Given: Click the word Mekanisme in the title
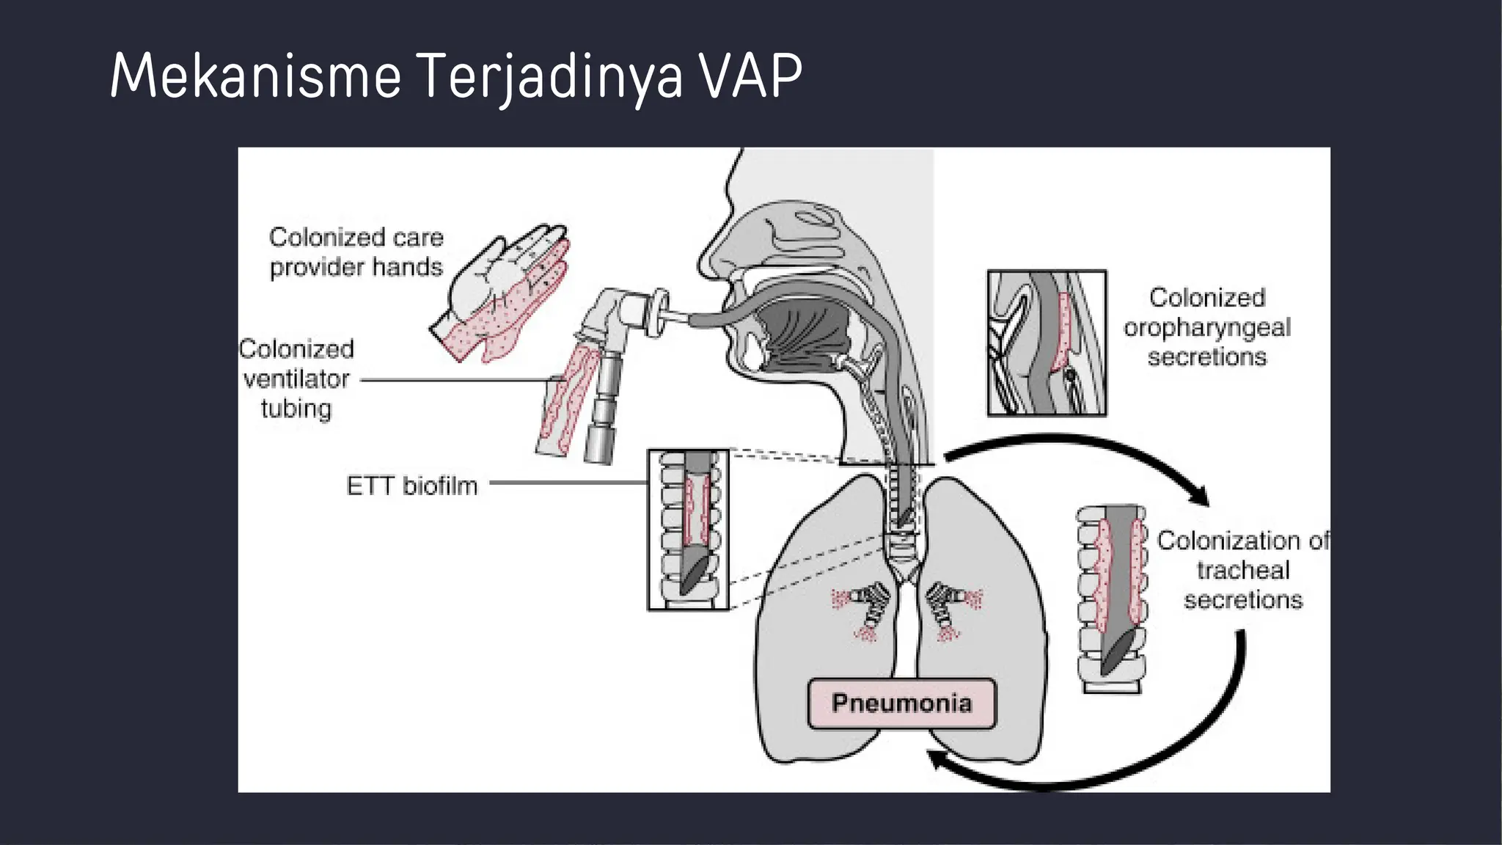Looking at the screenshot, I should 255,76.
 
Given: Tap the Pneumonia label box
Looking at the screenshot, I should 901,703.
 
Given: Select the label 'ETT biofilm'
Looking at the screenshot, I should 411,486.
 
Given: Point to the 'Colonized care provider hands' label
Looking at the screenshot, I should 356,252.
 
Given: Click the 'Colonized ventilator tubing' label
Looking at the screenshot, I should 296,378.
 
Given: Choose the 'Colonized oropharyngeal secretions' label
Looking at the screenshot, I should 1207,327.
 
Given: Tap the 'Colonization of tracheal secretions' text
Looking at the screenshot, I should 1242,570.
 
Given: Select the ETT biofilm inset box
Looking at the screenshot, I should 688,529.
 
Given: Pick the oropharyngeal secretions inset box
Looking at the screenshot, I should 1047,343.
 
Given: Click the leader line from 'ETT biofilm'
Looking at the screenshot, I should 568,483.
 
